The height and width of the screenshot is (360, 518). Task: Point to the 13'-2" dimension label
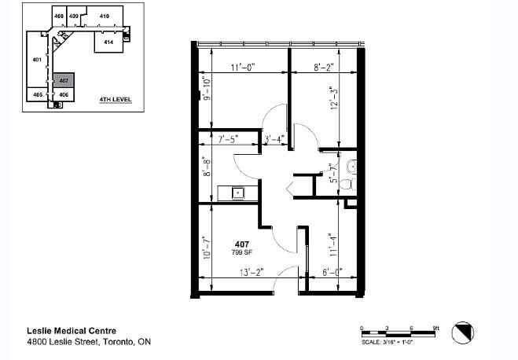point(252,272)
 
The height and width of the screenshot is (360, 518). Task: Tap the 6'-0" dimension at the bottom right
point(332,272)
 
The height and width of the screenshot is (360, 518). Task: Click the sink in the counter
point(237,192)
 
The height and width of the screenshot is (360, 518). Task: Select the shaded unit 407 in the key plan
point(63,81)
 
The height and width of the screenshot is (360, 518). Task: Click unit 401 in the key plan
point(36,60)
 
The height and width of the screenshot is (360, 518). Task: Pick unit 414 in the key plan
point(108,41)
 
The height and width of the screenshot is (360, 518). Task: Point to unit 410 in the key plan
point(104,16)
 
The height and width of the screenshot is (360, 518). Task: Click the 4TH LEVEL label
point(115,100)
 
